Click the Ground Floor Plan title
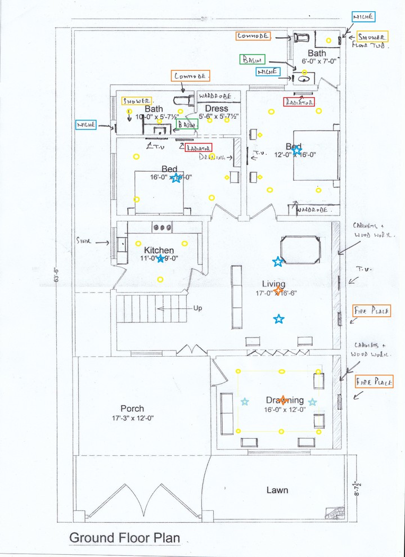tap(124, 537)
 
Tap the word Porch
tap(132, 408)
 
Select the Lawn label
tap(277, 490)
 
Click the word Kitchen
tap(159, 250)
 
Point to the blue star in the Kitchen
tap(161, 259)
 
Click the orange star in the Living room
tap(277, 290)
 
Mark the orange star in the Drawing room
tap(283, 400)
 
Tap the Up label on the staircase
tap(197, 308)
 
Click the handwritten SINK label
tap(84, 240)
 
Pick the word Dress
tap(217, 108)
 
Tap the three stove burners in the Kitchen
tap(162, 227)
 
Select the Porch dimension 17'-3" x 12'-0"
tap(132, 419)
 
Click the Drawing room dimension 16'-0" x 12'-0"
tap(285, 410)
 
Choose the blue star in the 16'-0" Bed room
tap(176, 178)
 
